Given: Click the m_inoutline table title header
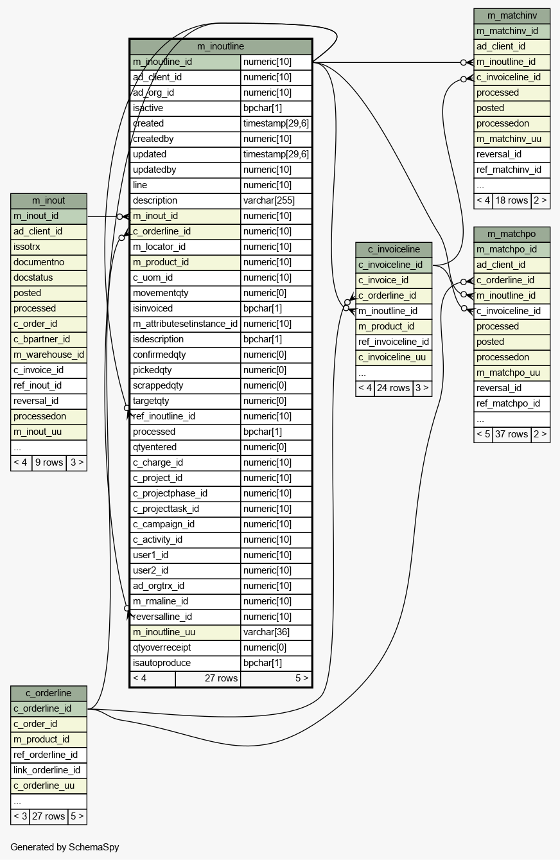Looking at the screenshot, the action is click(221, 46).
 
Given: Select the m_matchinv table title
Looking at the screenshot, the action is click(512, 16).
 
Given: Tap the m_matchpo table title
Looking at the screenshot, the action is click(512, 234).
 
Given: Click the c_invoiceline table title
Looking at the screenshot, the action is click(394, 250).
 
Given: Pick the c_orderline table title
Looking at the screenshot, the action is click(49, 693).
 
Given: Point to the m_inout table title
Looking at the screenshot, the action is click(49, 201).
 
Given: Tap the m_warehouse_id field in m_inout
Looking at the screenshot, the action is click(49, 355).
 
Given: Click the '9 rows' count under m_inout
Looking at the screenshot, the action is click(49, 462).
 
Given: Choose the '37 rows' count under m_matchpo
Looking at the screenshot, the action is click(512, 434).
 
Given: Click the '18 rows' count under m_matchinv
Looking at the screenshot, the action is click(512, 200).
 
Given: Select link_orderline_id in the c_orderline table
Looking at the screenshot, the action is click(47, 770).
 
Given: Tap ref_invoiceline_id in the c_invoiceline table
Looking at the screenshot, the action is click(394, 342).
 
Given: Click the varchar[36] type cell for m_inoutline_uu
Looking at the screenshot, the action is click(267, 632).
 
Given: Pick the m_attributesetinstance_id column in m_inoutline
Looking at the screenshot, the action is click(185, 324).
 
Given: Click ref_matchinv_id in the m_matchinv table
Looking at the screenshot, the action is click(509, 170).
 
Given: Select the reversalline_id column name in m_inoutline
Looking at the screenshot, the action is click(162, 617).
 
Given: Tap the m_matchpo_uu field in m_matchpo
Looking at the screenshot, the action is click(508, 373).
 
